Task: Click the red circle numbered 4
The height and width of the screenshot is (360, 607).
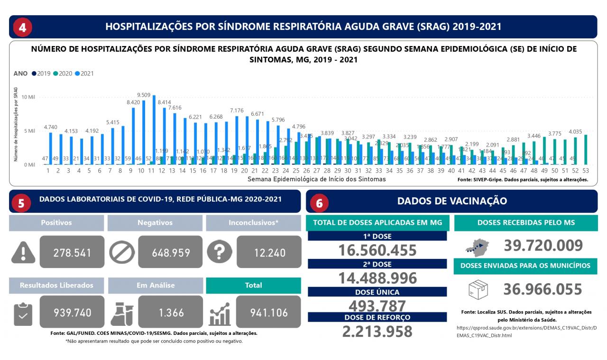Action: click(22, 27)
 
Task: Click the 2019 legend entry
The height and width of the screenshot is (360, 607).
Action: click(41, 74)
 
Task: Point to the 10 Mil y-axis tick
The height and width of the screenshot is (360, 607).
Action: click(28, 97)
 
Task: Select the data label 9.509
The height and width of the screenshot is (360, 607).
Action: click(144, 95)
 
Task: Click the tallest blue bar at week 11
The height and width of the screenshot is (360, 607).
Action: click(154, 130)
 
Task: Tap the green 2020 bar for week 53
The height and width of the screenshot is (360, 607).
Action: click(586, 149)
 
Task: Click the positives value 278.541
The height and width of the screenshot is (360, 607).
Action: click(72, 252)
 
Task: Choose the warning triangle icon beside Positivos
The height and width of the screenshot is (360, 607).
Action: click(23, 252)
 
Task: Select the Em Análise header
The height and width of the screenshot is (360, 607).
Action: click(156, 285)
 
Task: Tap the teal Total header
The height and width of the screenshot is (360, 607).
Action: click(253, 285)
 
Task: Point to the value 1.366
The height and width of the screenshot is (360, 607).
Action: click(170, 312)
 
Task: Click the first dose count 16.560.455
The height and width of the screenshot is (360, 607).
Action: click(377, 250)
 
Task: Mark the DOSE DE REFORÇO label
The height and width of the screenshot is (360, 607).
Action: click(377, 317)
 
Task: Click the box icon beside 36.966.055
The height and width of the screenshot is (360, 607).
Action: click(478, 289)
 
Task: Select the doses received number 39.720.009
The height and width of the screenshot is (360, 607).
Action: click(543, 246)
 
